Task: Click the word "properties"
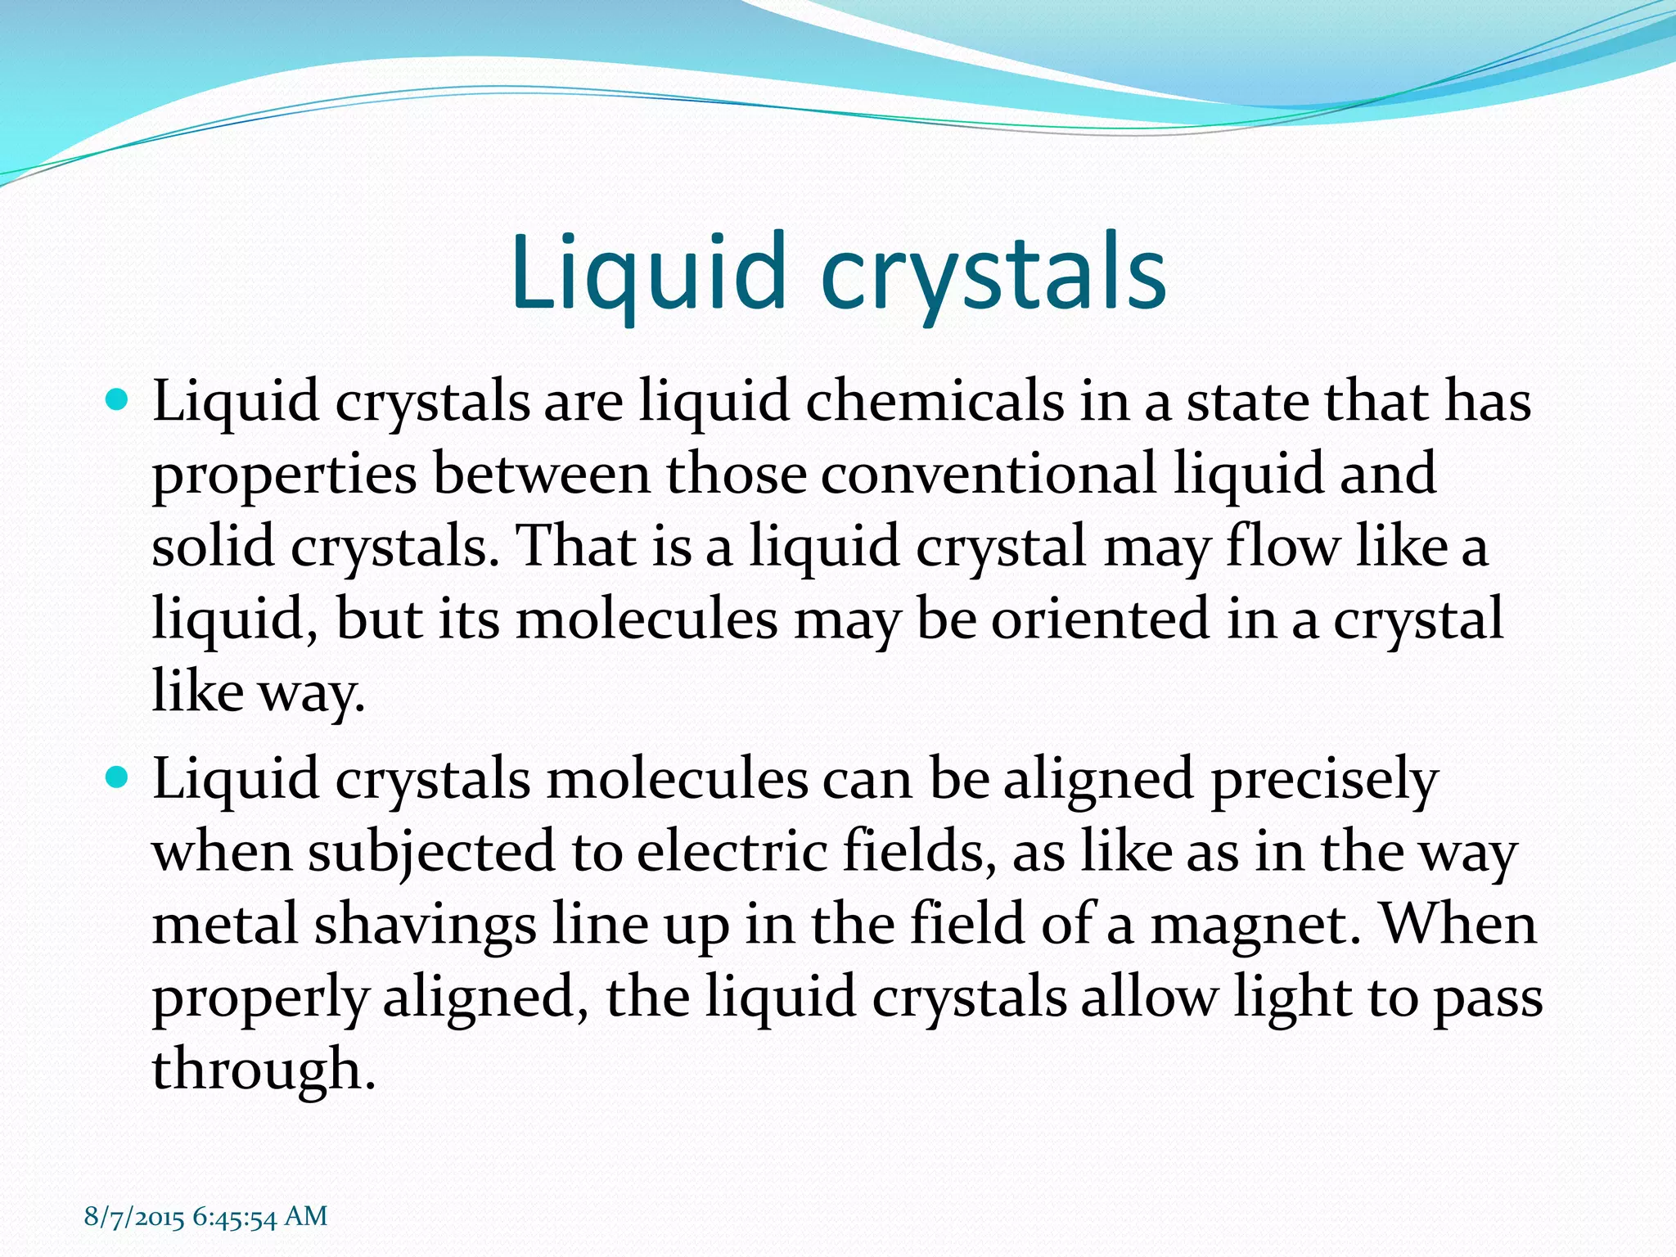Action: [x=284, y=475]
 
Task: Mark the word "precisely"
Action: [x=1323, y=779]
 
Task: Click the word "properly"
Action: [x=260, y=998]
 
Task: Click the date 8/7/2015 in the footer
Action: [x=134, y=1216]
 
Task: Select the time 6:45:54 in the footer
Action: [x=235, y=1216]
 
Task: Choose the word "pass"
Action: [x=1486, y=998]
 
